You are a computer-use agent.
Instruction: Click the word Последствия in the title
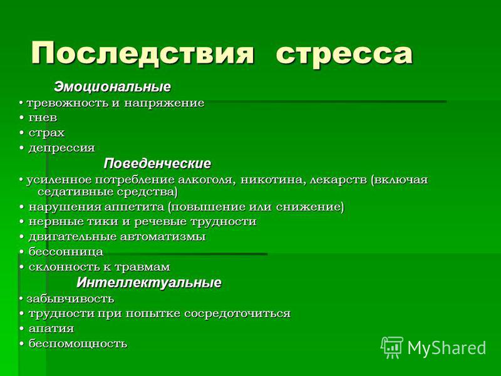coord(143,53)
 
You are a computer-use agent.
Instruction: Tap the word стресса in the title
coord(344,55)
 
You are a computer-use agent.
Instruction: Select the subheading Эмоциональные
coord(113,87)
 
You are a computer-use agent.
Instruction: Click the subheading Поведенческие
coord(157,164)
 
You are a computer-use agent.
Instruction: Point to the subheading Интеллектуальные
coord(149,283)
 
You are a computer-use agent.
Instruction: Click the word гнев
coord(43,118)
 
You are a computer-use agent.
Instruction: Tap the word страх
coord(46,133)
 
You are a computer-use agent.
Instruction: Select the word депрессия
coord(61,149)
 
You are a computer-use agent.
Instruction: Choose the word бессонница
coord(66,252)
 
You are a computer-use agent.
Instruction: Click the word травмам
coord(142,268)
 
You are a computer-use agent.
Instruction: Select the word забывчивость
coord(70,299)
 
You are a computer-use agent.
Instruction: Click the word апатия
coord(51,329)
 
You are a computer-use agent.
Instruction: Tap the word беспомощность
coord(78,344)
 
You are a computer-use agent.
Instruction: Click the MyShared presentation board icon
coord(392,347)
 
